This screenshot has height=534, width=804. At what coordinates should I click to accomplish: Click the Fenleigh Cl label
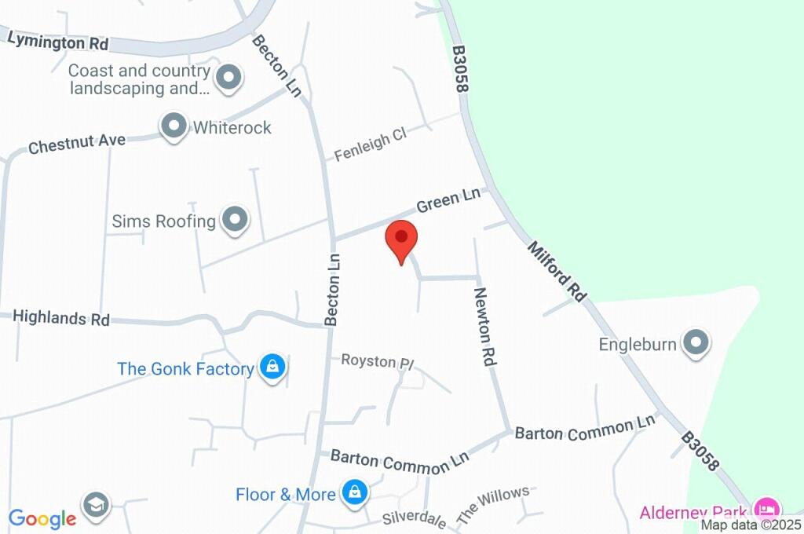tap(370, 145)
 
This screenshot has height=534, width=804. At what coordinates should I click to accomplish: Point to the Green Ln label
tap(448, 203)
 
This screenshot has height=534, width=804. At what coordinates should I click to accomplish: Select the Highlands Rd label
tap(60, 318)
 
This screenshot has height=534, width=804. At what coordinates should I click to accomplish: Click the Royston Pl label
tap(377, 361)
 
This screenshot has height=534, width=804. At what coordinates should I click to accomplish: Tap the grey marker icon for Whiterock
tap(173, 126)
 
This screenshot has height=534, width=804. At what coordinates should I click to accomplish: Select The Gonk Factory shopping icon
tap(272, 367)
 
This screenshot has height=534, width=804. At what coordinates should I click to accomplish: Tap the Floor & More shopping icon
tap(355, 492)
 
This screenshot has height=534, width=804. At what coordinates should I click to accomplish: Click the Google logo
tap(42, 518)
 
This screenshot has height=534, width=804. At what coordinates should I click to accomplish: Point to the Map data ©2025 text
tap(751, 525)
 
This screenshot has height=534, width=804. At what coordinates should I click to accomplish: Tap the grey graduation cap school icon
tap(96, 506)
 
